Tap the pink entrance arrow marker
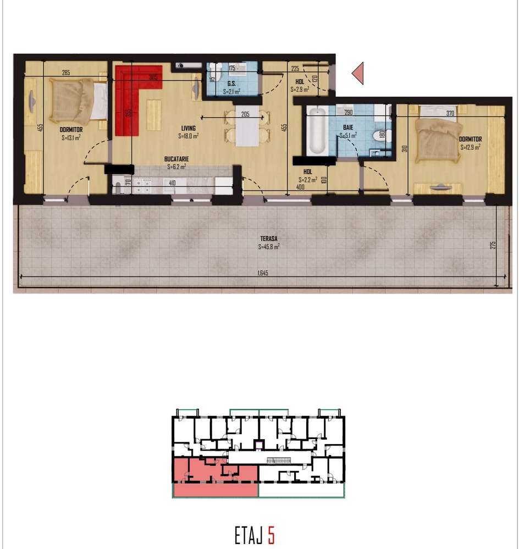pyautogui.click(x=358, y=73)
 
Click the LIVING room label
pyautogui.click(x=187, y=129)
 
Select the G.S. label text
pyautogui.click(x=232, y=84)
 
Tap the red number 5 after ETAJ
pyautogui.click(x=271, y=535)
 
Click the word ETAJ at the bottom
pyautogui.click(x=249, y=535)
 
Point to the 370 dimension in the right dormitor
pyautogui.click(x=450, y=113)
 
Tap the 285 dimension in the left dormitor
pyautogui.click(x=66, y=73)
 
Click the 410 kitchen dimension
pyautogui.click(x=172, y=183)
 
